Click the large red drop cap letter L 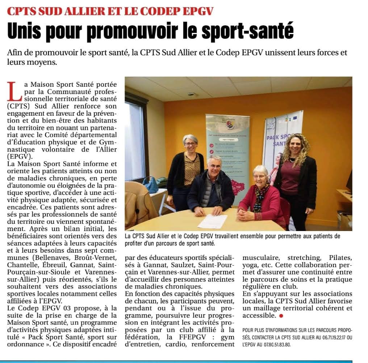[14, 91]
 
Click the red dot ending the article [281, 316]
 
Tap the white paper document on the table [212, 221]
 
